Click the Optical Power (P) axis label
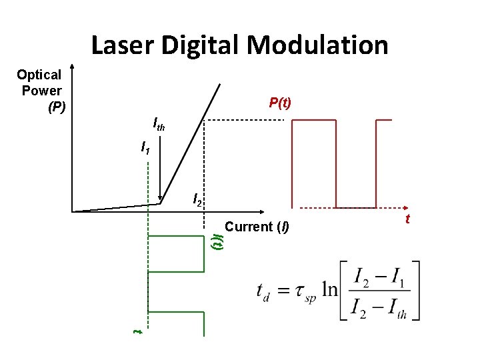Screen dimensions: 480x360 coord(40,90)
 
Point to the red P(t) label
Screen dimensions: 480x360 coord(280,103)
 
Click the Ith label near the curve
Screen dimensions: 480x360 coord(159,124)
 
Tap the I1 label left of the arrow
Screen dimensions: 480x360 coord(145,147)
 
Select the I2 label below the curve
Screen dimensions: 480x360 coord(197,199)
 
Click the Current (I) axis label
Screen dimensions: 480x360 coord(257,227)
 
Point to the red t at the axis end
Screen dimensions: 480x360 coord(407,218)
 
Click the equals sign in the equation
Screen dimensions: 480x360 coord(283,291)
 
